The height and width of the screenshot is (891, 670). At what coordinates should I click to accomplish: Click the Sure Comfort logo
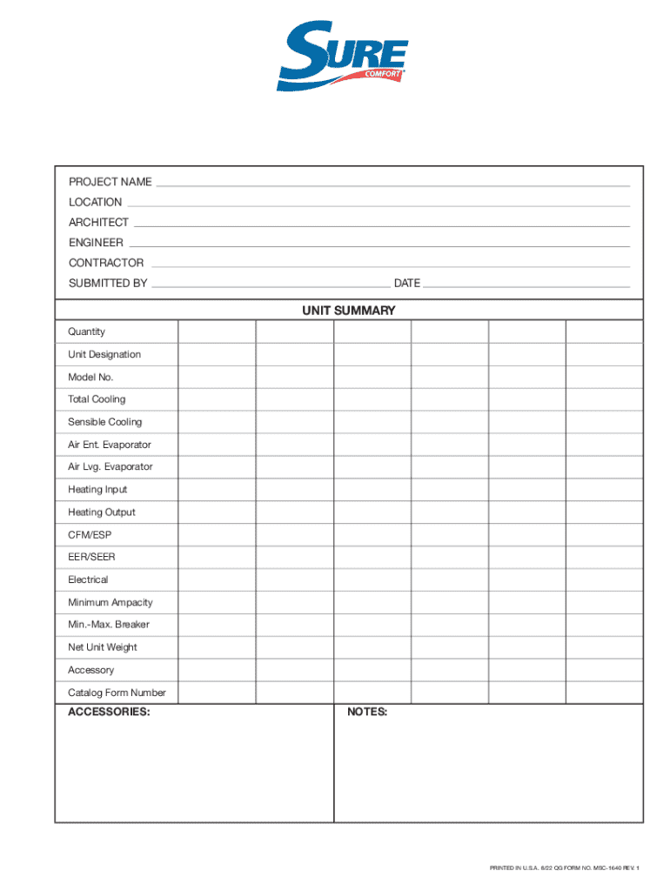tap(343, 57)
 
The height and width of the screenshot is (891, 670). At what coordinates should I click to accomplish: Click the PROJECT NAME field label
tap(111, 182)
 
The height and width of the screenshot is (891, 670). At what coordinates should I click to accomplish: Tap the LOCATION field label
tap(96, 202)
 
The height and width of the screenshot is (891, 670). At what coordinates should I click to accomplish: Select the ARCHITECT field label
tap(99, 222)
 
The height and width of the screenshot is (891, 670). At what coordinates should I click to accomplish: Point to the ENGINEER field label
tap(97, 243)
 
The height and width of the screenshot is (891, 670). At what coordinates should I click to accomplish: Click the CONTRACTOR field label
tap(106, 263)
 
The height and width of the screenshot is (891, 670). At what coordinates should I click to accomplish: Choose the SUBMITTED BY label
tap(108, 283)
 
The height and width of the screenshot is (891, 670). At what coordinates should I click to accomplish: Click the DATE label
tap(407, 283)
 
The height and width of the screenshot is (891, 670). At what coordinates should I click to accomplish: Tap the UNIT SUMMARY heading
tap(349, 310)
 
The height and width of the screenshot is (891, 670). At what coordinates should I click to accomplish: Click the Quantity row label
tap(87, 332)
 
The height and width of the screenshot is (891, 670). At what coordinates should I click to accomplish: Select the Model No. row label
tap(90, 377)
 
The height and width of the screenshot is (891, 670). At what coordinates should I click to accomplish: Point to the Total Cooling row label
tap(97, 399)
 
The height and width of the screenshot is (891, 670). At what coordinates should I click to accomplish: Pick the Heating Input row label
tap(97, 489)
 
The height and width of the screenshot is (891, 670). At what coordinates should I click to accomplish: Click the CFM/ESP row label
tap(90, 534)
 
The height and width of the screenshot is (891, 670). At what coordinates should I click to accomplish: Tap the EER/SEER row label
tap(91, 557)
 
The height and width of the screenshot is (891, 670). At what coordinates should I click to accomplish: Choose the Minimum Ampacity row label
tap(111, 602)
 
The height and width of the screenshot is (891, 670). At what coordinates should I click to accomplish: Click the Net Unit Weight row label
tap(103, 647)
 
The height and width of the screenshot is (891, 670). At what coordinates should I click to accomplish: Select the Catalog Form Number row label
tap(117, 693)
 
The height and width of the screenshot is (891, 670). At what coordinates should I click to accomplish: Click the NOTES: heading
tap(367, 712)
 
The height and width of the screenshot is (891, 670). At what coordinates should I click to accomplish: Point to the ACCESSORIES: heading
tap(109, 712)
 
